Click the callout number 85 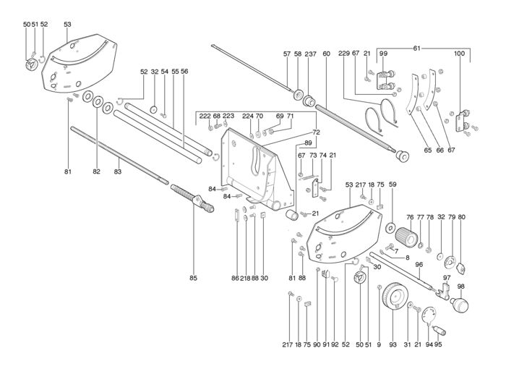(x=194, y=278)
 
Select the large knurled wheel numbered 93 (x=395, y=296)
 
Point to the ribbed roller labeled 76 (x=406, y=237)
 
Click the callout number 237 (x=310, y=54)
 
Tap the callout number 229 (x=344, y=54)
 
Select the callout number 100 (x=459, y=54)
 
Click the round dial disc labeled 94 (x=429, y=315)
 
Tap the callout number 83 (x=118, y=171)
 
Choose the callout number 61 (x=417, y=48)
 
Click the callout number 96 (x=419, y=265)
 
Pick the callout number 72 (x=317, y=132)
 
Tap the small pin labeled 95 (x=439, y=330)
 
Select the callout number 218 (x=245, y=278)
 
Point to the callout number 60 (x=326, y=54)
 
